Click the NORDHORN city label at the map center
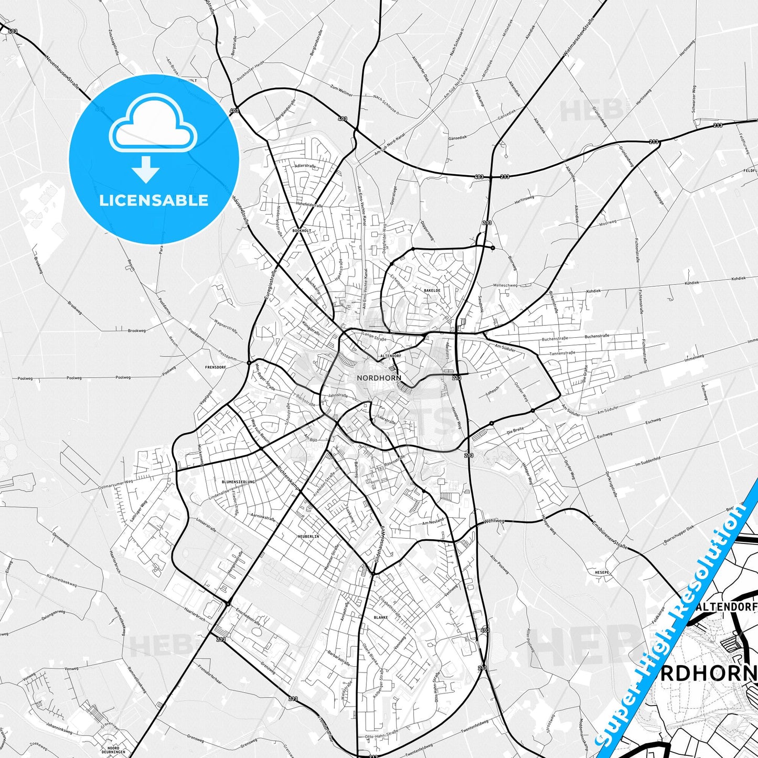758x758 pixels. coord(379,378)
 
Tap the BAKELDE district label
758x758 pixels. coord(432,290)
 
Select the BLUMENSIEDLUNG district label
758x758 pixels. coord(238,482)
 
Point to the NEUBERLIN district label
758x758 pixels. coord(308,537)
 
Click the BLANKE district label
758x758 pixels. coord(381,617)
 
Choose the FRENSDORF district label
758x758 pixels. coord(216,367)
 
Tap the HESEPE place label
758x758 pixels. coord(602,572)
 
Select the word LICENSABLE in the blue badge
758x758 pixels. coord(154,200)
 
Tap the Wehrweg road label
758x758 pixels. coord(494,521)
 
